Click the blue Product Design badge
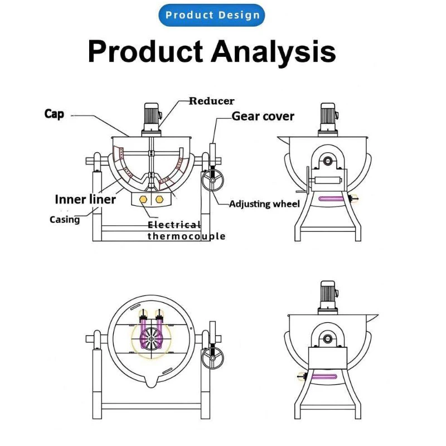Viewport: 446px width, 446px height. [212, 15]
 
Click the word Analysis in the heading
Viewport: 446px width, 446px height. [273, 51]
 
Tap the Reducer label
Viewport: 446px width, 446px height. [212, 101]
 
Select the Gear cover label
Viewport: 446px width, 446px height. [263, 117]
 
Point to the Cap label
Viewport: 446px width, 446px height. [54, 114]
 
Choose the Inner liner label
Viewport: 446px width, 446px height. [85, 200]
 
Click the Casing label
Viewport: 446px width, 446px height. [65, 220]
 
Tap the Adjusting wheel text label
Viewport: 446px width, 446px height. [264, 204]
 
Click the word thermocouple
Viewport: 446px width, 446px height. [187, 236]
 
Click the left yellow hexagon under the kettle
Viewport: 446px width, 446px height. [143, 200]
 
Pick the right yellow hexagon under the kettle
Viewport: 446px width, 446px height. [159, 200]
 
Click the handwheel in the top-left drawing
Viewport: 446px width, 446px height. [213, 180]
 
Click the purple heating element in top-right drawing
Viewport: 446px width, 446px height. [332, 199]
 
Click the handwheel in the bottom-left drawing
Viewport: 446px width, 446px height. [213, 358]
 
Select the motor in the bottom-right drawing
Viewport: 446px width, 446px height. [328, 297]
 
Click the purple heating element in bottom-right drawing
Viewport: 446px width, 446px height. [324, 377]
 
